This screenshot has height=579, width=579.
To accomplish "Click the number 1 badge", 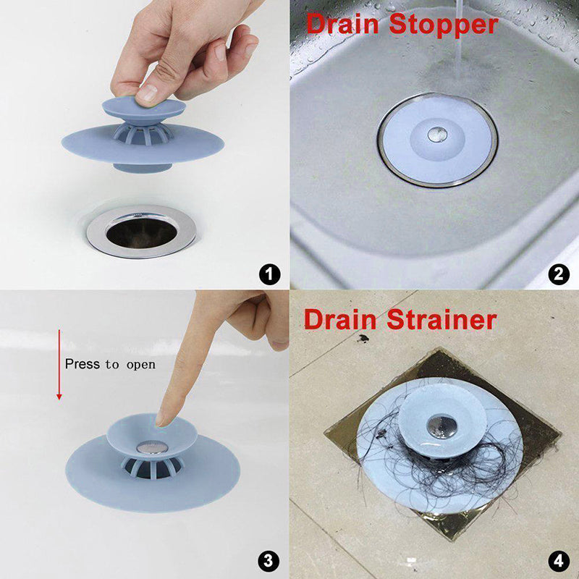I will [269, 274].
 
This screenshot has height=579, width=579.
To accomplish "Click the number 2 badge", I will [558, 274].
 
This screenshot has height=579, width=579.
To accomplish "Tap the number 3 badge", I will [269, 559].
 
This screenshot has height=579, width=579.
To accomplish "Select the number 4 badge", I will [558, 559].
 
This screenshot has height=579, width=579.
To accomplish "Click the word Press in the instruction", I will [82, 363].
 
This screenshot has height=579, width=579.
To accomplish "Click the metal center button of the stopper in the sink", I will [436, 133].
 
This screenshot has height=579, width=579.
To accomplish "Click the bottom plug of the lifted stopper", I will [144, 166].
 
